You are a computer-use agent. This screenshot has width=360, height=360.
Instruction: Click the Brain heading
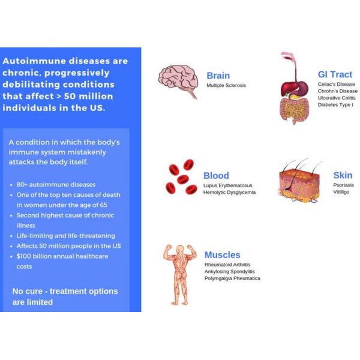coord(218,76)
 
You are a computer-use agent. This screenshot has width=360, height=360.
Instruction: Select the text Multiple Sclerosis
coord(226,85)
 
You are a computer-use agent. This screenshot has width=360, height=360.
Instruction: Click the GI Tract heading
coord(335,74)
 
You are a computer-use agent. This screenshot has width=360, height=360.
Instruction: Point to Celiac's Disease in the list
coord(337,84)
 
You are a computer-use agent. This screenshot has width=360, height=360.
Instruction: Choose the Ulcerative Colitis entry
coord(337,98)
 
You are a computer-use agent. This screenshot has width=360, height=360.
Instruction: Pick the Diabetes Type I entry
coord(335,104)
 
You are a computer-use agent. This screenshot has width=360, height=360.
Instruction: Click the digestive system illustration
coord(295,88)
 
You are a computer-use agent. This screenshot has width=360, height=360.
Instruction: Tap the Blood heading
coord(216,176)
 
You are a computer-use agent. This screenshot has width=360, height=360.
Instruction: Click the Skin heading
coord(343,175)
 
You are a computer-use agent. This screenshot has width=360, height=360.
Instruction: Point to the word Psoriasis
coord(343,185)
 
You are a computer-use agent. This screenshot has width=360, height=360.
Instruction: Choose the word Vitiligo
coord(341,192)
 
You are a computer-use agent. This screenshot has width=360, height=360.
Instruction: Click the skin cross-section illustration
coord(299,181)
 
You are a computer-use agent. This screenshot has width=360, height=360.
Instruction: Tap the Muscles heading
coord(222,255)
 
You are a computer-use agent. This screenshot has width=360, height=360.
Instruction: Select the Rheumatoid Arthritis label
coord(227,265)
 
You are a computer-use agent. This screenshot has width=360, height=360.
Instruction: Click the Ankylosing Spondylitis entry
coord(230,272)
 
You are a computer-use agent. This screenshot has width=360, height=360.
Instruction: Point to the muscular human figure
coord(180,275)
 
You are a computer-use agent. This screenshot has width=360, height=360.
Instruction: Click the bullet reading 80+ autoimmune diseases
coord(56,185)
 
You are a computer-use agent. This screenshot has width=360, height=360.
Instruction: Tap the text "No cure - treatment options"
coord(65,291)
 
